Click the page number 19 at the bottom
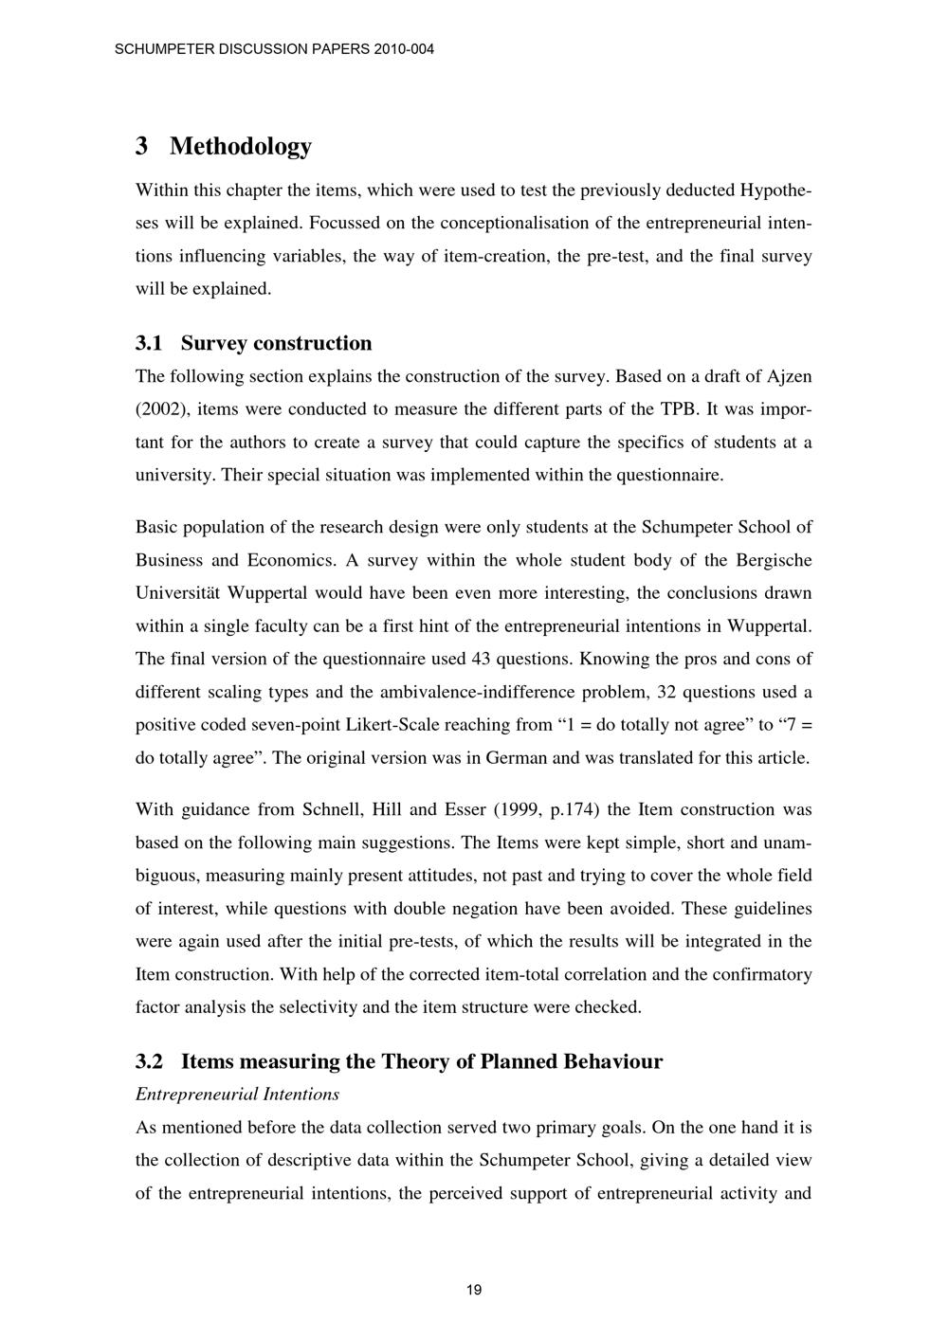click(x=474, y=1290)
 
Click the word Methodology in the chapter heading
click(x=241, y=146)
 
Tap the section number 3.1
click(x=150, y=343)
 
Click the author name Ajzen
click(x=788, y=376)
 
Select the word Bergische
click(x=773, y=560)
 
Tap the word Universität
click(x=174, y=593)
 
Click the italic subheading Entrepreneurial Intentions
click(x=237, y=1095)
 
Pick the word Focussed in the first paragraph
click(x=342, y=223)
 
